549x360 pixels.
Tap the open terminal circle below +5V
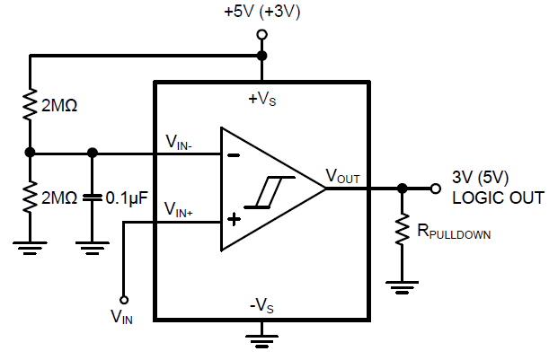(262, 35)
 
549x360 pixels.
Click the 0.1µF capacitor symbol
(91, 196)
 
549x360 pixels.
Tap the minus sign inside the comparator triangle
(233, 153)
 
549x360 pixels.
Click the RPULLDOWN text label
(454, 233)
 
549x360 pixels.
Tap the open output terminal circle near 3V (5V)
(436, 189)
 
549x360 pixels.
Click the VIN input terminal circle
(124, 300)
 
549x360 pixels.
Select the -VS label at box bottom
(261, 304)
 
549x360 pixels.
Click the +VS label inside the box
(261, 100)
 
